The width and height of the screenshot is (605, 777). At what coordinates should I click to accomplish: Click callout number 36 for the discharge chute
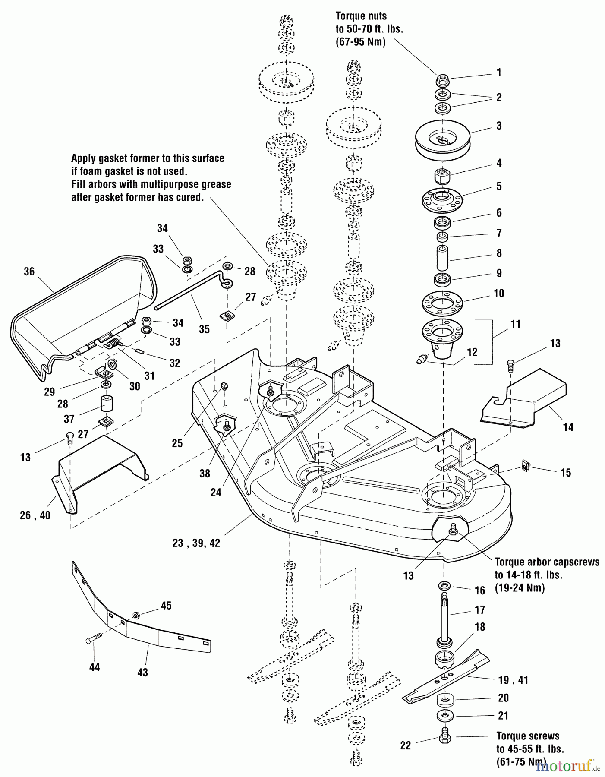pos(29,272)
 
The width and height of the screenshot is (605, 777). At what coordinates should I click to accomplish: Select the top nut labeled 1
pos(443,79)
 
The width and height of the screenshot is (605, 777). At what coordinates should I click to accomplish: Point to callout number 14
pos(568,427)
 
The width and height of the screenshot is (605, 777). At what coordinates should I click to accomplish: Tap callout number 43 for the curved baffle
pos(142,672)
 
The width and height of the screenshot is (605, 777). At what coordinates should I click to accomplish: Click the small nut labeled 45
pos(135,615)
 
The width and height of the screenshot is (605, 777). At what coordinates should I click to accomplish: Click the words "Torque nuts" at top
pos(361,16)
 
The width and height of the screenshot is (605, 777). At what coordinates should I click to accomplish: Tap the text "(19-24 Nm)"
pos(520,588)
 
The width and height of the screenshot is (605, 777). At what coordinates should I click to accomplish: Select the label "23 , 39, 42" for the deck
pos(196,543)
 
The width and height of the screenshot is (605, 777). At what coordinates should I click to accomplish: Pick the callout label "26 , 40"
pos(35,515)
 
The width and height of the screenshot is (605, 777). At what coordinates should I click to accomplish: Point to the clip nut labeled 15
pos(525,466)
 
